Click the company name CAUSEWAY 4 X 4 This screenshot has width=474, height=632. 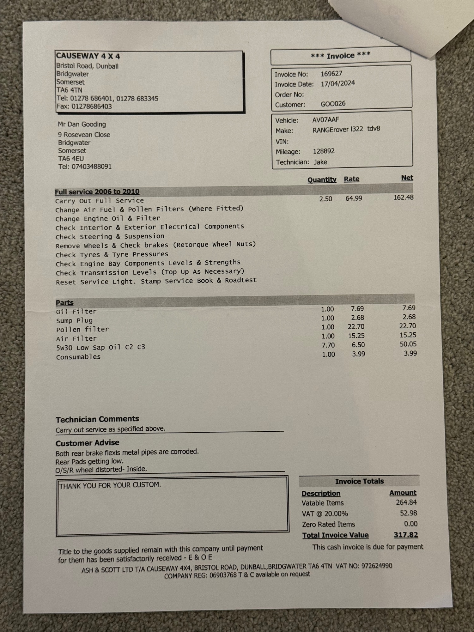pyautogui.click(x=88, y=56)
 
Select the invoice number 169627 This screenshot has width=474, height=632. pyautogui.click(x=331, y=74)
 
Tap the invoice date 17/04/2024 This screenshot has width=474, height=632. pyautogui.click(x=338, y=83)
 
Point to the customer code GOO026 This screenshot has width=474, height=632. pyautogui.click(x=333, y=104)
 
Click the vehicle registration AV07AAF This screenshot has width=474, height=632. pyautogui.click(x=325, y=120)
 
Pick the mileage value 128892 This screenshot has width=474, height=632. pyautogui.click(x=324, y=151)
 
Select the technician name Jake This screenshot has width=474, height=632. pyautogui.click(x=320, y=162)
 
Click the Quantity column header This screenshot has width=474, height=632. pyautogui.click(x=322, y=179)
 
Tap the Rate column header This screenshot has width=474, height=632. pyautogui.click(x=351, y=179)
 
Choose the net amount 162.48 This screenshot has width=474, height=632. pyautogui.click(x=403, y=197)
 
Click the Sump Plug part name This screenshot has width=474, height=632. pyautogui.click(x=74, y=320)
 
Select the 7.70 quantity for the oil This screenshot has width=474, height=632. pyautogui.click(x=328, y=345)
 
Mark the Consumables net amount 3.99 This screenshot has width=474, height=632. pyautogui.click(x=410, y=353)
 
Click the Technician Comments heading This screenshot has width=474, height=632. pyautogui.click(x=97, y=419)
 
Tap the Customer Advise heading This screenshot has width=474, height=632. pyautogui.click(x=88, y=443)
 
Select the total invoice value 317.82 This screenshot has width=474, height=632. pyautogui.click(x=406, y=535)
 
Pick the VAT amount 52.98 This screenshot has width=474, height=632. pyautogui.click(x=408, y=513)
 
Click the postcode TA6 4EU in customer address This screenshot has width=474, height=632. pyautogui.click(x=71, y=159)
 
